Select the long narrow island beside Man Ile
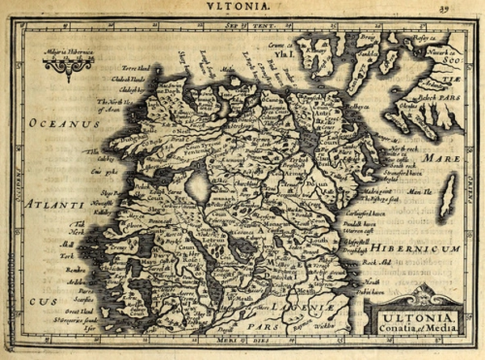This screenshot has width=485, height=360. (447, 197)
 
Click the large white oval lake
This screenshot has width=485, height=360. (196, 187)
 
